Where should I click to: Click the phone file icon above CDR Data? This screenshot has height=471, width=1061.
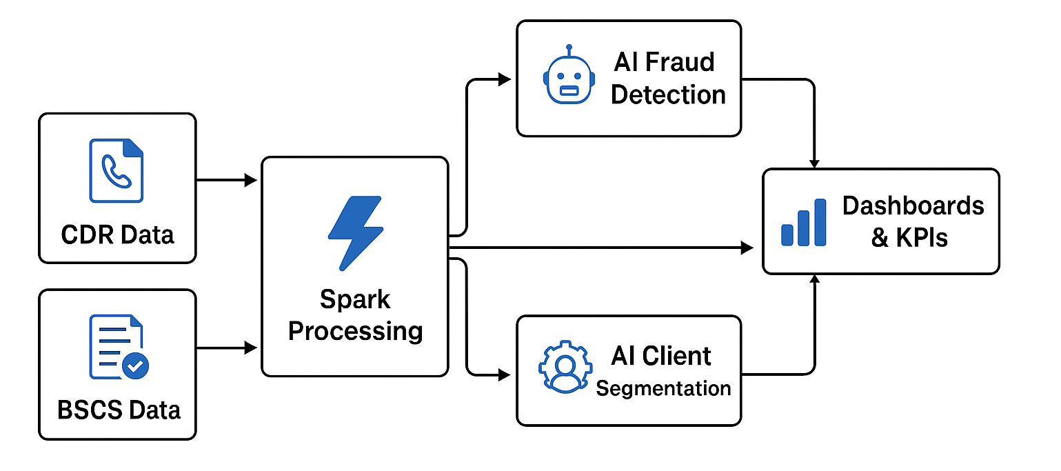click(x=116, y=170)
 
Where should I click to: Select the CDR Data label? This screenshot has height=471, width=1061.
click(x=117, y=235)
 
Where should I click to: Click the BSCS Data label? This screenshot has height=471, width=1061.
click(x=119, y=410)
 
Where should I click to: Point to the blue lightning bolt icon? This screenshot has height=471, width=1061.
click(x=354, y=232)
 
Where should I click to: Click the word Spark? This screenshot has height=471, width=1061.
click(x=355, y=300)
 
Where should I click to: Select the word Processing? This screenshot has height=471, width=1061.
click(x=355, y=331)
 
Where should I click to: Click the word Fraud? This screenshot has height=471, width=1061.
click(x=680, y=62)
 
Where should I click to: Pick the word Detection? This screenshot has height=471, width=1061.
click(x=668, y=94)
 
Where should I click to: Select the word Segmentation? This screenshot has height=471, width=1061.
click(x=663, y=388)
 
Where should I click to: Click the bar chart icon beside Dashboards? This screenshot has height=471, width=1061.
click(x=803, y=223)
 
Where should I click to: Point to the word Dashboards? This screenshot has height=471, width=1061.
click(x=913, y=206)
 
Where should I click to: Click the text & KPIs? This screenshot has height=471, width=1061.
click(x=909, y=238)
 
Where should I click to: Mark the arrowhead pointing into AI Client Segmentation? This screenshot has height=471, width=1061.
click(x=503, y=375)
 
